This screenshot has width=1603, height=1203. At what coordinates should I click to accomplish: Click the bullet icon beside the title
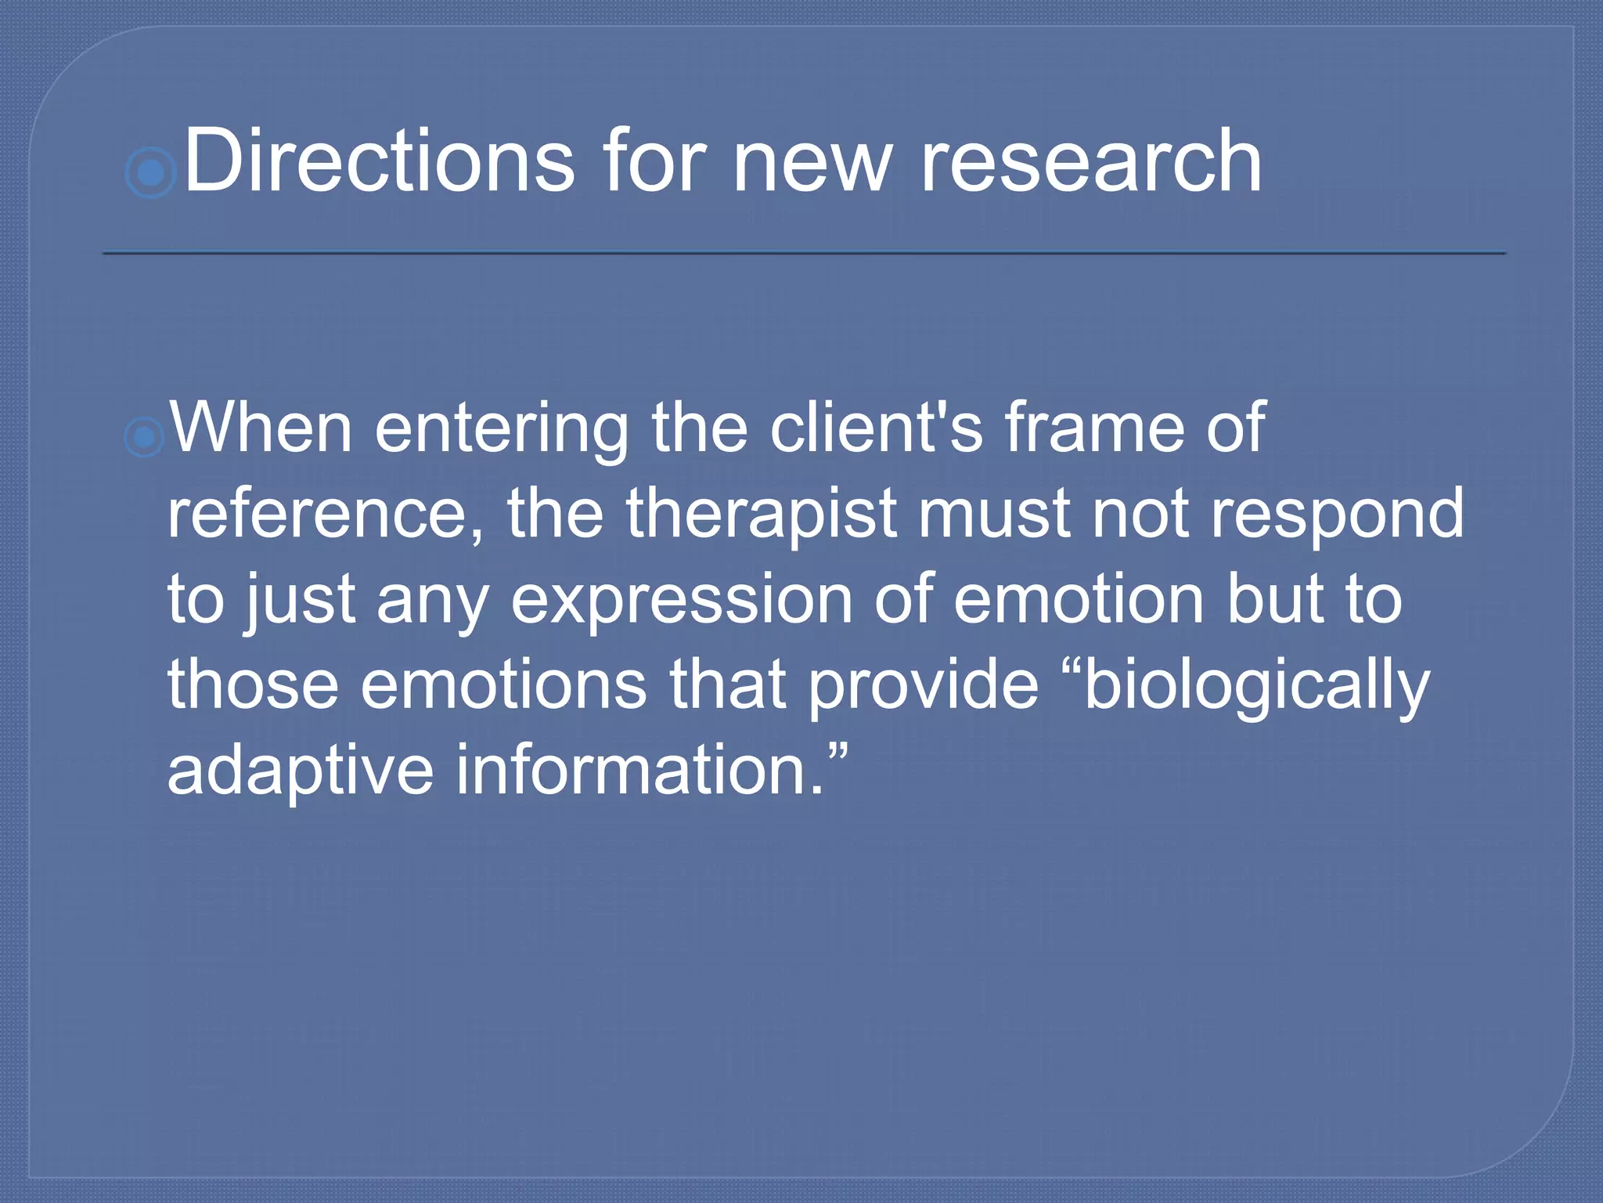pyautogui.click(x=150, y=172)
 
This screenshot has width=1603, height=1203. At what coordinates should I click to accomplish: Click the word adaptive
pyautogui.click(x=301, y=771)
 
